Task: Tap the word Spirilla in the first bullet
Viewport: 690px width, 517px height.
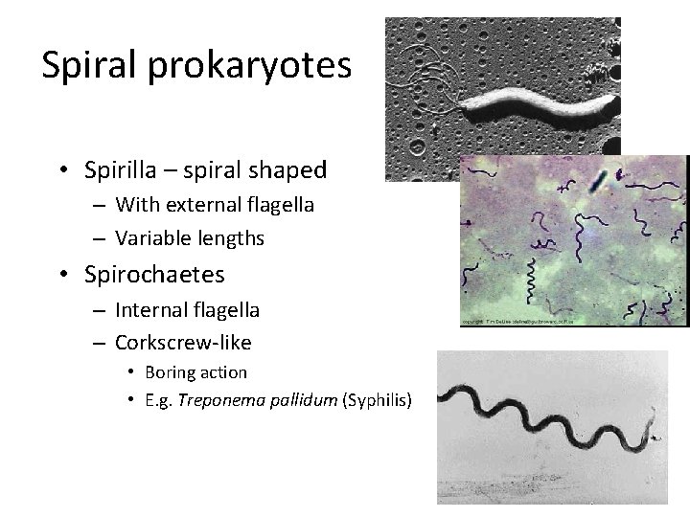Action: [x=124, y=170]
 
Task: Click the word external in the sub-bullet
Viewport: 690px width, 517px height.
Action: [x=191, y=204]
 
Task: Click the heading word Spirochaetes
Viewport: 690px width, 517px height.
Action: [x=154, y=275]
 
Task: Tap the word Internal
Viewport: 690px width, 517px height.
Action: [x=152, y=309]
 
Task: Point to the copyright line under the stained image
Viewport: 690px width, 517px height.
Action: [x=517, y=322]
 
